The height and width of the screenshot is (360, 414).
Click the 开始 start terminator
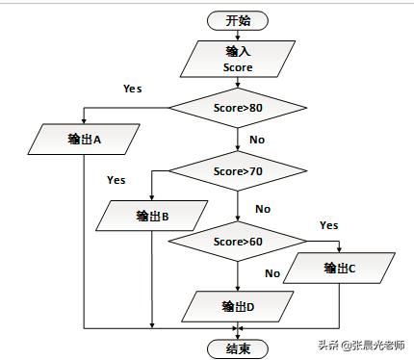pyautogui.click(x=238, y=19)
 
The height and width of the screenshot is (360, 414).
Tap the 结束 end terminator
pyautogui.click(x=238, y=347)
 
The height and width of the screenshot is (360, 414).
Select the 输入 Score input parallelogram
pyautogui.click(x=238, y=59)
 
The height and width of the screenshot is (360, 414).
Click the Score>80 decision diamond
pyautogui.click(x=238, y=107)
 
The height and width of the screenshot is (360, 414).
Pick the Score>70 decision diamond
pyautogui.click(x=238, y=171)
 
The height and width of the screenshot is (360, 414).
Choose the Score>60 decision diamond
pyautogui.click(x=238, y=241)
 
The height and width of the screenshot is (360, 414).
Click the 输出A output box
pyautogui.click(x=85, y=139)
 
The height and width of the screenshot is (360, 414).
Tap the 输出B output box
pyautogui.click(x=152, y=216)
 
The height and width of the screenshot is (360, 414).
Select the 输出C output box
pyautogui.click(x=340, y=269)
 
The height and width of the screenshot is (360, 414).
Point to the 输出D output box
pyautogui.click(x=237, y=306)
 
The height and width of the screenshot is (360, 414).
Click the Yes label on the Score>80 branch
pyautogui.click(x=133, y=89)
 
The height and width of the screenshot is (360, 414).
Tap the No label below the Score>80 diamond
pyautogui.click(x=257, y=140)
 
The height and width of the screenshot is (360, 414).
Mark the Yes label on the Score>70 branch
pyautogui.click(x=116, y=180)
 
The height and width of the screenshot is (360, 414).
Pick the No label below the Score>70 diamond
pyautogui.click(x=262, y=209)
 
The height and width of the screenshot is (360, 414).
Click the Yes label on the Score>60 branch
pyautogui.click(x=328, y=225)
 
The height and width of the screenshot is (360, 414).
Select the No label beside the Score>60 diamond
pyautogui.click(x=272, y=273)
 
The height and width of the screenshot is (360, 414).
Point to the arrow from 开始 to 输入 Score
pyautogui.click(x=238, y=35)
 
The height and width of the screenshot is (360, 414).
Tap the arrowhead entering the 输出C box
pyautogui.click(x=339, y=250)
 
